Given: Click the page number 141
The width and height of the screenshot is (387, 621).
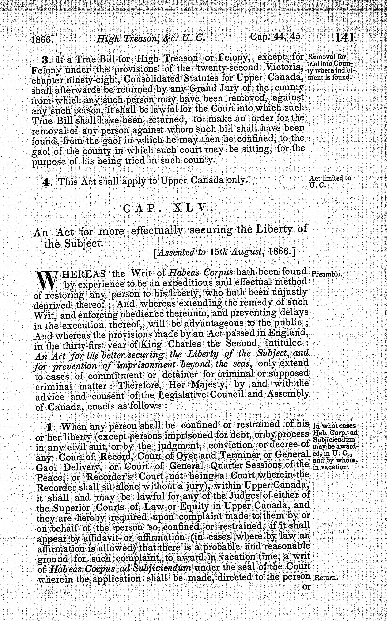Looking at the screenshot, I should (x=345, y=38).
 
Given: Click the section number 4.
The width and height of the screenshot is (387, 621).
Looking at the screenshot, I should (x=46, y=182).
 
